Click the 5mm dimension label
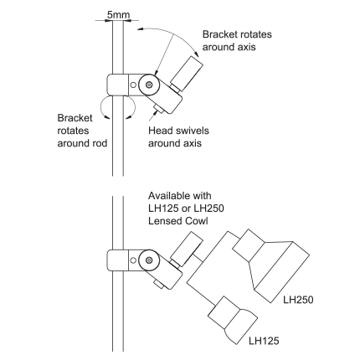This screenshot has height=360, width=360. click(x=118, y=15)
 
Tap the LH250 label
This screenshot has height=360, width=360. click(x=298, y=300)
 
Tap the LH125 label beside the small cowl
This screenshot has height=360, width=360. click(x=264, y=341)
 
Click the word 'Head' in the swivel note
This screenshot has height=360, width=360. click(x=159, y=131)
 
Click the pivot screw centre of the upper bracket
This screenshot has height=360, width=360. click(x=149, y=85)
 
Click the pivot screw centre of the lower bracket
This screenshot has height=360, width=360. click(x=149, y=260)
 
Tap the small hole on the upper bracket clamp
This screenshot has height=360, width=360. click(x=133, y=85)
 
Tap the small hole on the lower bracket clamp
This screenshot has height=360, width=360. click(x=133, y=260)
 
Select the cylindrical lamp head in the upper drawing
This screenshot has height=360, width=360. click(x=187, y=74)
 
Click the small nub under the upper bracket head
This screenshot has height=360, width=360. click(x=159, y=109)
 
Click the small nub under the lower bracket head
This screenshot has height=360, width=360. click(x=159, y=285)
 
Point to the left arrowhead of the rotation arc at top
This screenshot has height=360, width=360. click(x=140, y=29)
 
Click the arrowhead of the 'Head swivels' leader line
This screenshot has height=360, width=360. click(x=154, y=113)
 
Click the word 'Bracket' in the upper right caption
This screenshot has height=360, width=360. click(x=219, y=34)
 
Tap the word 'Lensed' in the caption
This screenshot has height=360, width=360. click(x=165, y=221)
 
